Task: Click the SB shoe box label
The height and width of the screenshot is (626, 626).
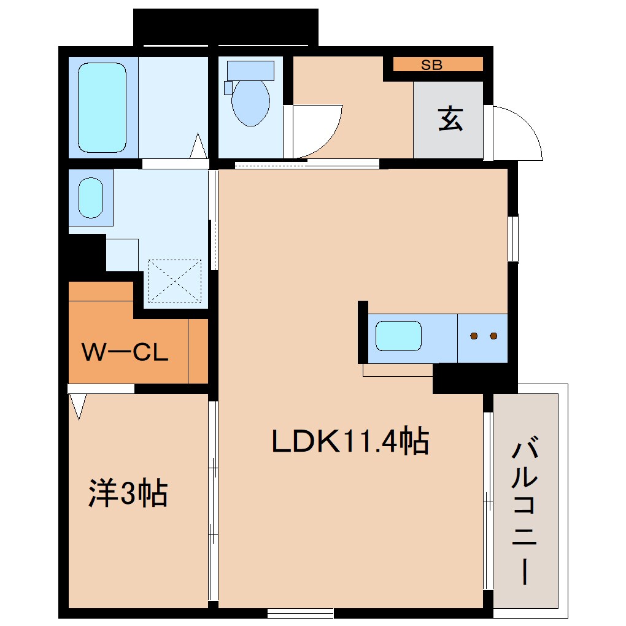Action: click(x=431, y=64)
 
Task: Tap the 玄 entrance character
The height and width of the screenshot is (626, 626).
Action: click(x=450, y=119)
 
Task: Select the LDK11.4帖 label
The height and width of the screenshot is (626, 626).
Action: click(x=350, y=441)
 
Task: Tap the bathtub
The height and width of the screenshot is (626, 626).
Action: click(x=102, y=108)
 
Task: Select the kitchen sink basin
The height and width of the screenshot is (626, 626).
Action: click(x=398, y=336)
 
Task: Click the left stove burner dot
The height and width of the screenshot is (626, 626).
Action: click(x=474, y=336)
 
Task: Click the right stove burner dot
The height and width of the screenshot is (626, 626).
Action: click(x=493, y=336)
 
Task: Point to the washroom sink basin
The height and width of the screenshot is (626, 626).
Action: click(x=91, y=197)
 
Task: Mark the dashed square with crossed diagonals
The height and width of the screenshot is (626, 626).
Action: click(x=175, y=280)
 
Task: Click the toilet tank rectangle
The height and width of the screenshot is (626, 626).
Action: click(x=250, y=70)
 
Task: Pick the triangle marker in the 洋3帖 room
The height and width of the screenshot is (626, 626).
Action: click(x=78, y=406)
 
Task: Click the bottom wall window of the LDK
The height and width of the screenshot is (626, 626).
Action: click(x=301, y=612)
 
